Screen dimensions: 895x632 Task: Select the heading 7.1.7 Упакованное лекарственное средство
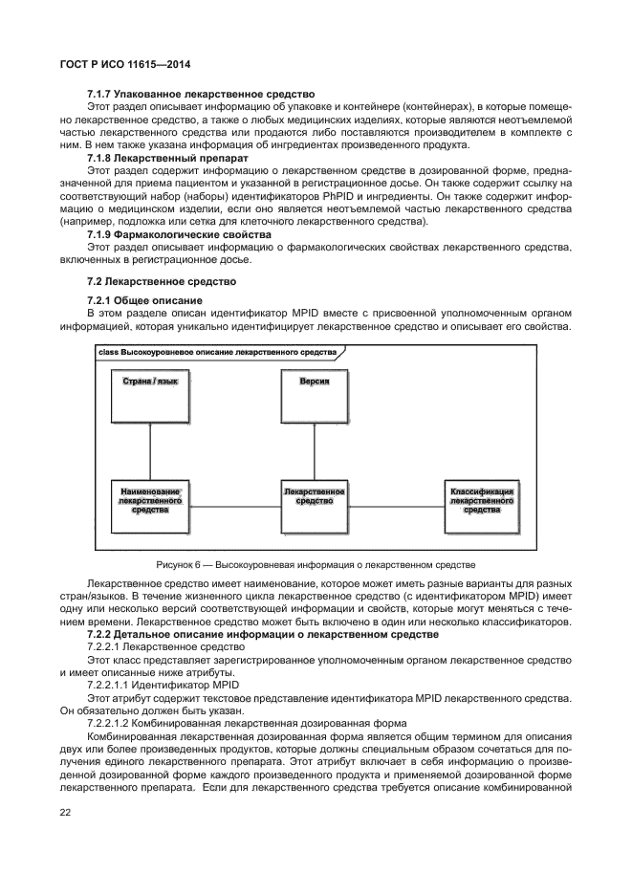(200, 95)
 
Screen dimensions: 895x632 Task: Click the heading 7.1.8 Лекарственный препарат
(166, 157)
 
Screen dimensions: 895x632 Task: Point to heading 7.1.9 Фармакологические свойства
(179, 234)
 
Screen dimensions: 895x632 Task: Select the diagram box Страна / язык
(150, 394)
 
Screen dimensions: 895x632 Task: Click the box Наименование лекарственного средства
(150, 507)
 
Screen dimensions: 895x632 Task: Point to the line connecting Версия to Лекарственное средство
(315, 450)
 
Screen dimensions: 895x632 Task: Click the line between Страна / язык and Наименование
(150, 450)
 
